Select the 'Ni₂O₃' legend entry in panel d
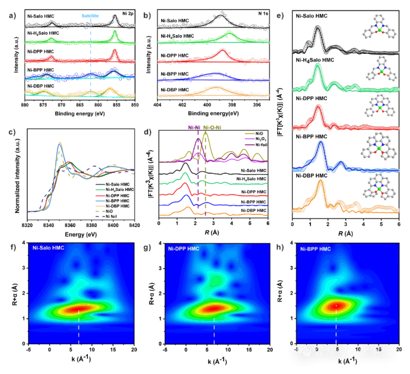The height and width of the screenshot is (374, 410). [x=256, y=139]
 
